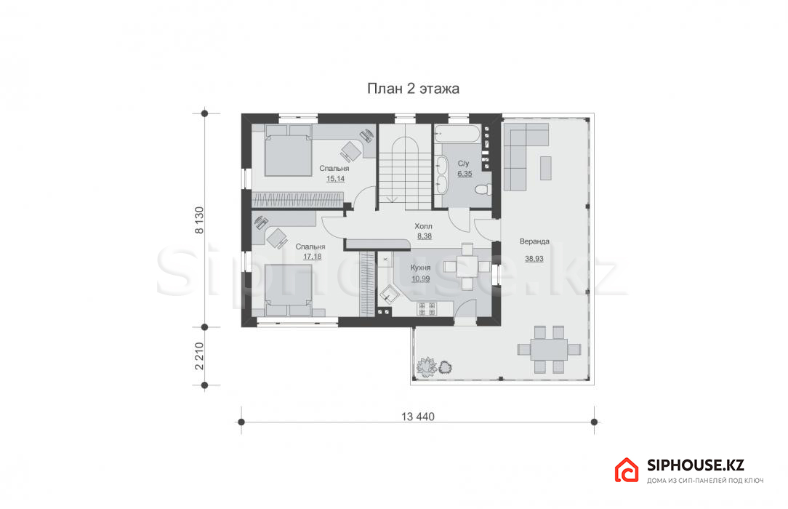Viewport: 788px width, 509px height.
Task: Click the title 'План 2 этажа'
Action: (x=413, y=89)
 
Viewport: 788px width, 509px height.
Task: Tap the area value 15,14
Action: (x=335, y=179)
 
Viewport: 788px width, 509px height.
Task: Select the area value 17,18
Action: (x=312, y=256)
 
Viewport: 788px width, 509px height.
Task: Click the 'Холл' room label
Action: (x=423, y=226)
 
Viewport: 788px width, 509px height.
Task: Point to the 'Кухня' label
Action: (x=421, y=268)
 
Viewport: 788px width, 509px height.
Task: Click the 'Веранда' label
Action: (x=534, y=241)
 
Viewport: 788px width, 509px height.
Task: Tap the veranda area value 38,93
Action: (x=534, y=259)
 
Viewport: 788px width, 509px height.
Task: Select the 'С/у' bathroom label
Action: (x=463, y=164)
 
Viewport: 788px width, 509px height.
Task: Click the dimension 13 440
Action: (x=418, y=417)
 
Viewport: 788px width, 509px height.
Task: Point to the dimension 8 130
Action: (x=199, y=220)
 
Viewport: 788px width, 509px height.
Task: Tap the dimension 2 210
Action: (x=199, y=356)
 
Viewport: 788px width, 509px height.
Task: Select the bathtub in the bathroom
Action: (x=457, y=133)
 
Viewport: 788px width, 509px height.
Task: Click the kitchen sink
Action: (x=387, y=294)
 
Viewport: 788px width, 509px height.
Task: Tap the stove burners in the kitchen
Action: (x=427, y=309)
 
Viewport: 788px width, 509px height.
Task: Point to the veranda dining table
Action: (x=549, y=349)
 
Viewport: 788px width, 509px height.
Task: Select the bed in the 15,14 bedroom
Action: (x=289, y=151)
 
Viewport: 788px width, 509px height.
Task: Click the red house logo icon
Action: (x=626, y=470)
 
